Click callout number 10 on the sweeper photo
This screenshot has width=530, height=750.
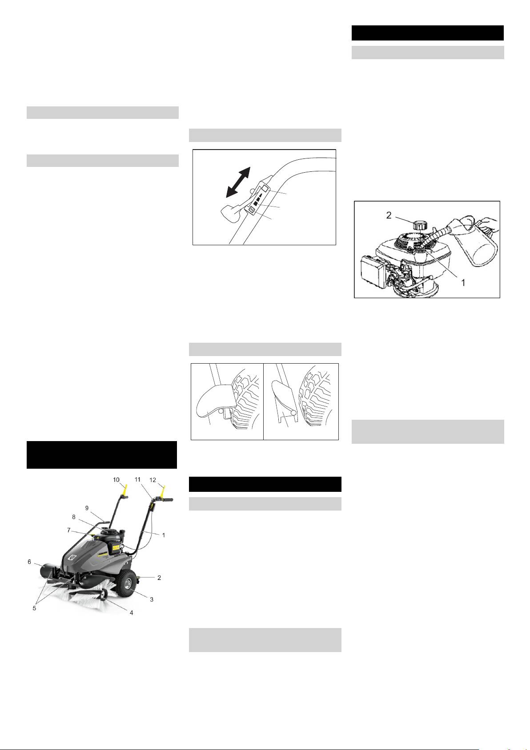(x=116, y=480)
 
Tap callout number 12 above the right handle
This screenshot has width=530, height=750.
(x=153, y=480)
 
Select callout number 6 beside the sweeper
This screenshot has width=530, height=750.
(x=29, y=562)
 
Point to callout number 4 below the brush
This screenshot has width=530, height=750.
(x=132, y=612)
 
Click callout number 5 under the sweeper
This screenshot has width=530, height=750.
(x=34, y=608)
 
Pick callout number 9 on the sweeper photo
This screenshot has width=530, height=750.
(x=87, y=508)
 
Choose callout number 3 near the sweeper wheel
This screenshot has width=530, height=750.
(x=152, y=599)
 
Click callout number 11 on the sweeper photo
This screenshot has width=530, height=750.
(x=137, y=480)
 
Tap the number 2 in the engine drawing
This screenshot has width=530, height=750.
(x=389, y=215)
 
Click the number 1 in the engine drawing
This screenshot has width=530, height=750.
(x=463, y=283)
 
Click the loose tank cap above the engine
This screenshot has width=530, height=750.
(x=419, y=225)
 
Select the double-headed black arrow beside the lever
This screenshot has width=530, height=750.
(x=238, y=182)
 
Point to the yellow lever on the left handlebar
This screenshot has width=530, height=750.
(x=125, y=489)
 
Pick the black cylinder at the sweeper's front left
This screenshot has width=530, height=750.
(x=49, y=570)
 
